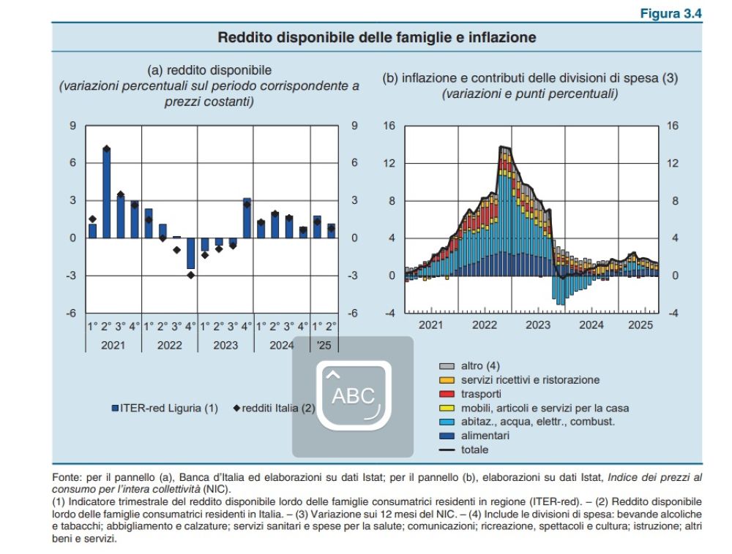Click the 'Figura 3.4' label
671,14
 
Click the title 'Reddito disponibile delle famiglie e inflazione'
377,37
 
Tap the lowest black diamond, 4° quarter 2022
190,275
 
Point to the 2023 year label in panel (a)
225,345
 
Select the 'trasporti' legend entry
482,394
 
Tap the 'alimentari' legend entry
485,436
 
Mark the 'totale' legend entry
474,449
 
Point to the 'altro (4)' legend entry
480,365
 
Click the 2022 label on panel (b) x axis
485,325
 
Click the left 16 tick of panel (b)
389,126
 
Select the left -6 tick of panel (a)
72,313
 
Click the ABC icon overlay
353,396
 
